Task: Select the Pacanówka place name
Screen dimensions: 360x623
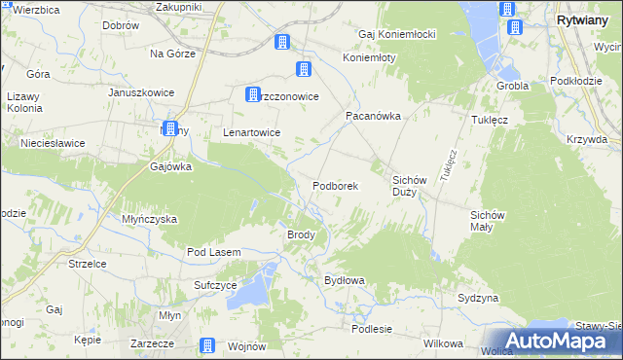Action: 374,115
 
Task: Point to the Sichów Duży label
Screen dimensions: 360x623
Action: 411,186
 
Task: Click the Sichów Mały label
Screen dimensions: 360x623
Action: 488,220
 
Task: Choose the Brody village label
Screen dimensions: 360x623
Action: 299,234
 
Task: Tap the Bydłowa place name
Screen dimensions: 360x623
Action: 344,280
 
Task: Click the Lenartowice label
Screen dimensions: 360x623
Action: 252,132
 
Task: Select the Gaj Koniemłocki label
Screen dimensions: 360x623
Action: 396,34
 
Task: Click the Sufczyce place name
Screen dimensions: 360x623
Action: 215,285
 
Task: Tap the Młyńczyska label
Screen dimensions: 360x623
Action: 149,219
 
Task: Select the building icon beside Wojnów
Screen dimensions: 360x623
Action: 207,345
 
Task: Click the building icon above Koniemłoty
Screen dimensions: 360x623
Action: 304,69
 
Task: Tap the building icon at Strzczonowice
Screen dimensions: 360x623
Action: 253,94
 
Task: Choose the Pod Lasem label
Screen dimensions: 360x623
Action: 213,252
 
